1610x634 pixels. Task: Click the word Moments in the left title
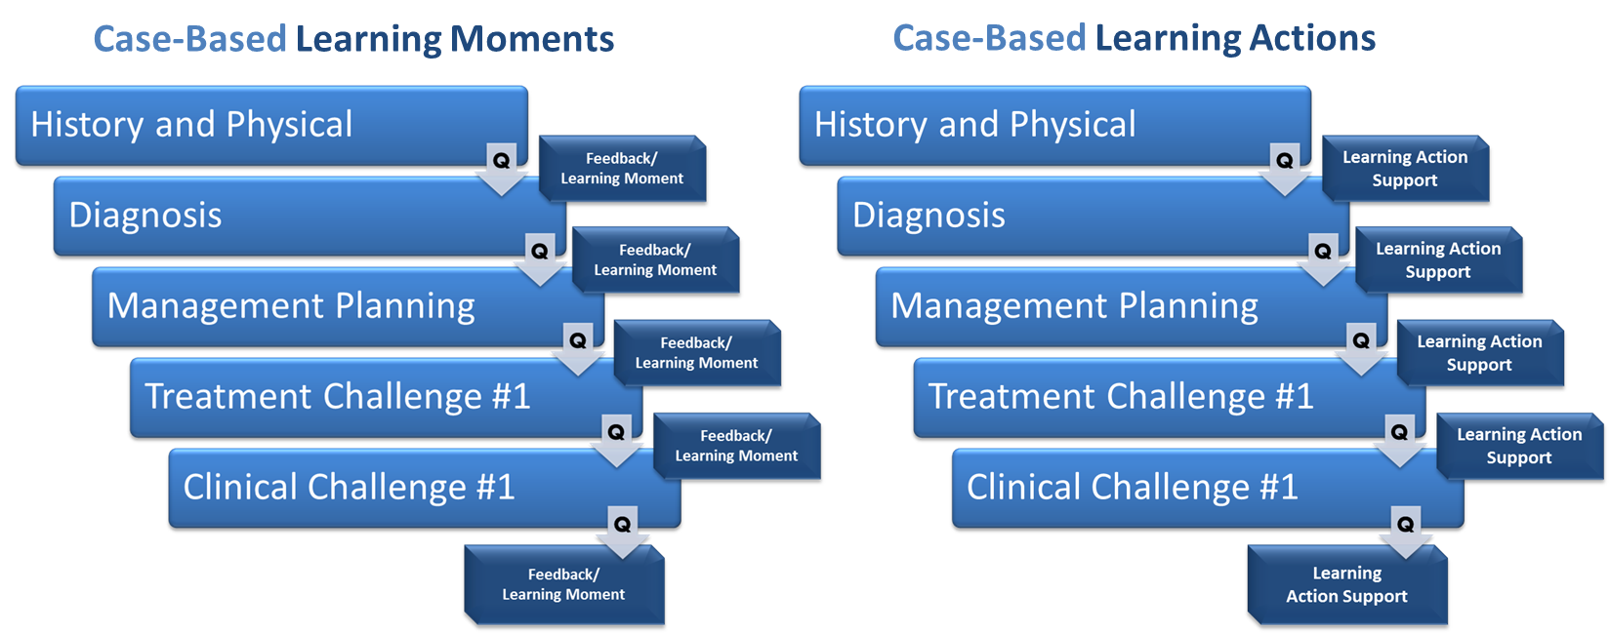pos(532,40)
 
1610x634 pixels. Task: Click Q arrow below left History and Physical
pos(501,168)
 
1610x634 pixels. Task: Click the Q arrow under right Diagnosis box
pos(1323,258)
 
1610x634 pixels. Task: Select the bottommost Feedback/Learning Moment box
pos(563,584)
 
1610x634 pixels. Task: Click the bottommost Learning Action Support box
pos(1346,584)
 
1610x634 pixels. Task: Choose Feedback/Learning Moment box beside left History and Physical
pos(622,169)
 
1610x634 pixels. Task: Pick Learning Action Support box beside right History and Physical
pos(1404,169)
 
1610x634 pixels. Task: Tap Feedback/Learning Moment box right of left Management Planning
pos(696,353)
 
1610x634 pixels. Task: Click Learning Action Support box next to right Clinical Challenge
pos(1518,446)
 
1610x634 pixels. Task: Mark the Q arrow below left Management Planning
pos(578,349)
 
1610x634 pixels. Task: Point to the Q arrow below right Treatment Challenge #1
pos(1399,440)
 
